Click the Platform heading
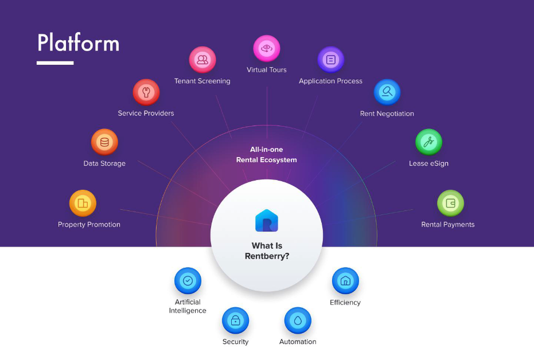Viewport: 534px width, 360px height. (78, 44)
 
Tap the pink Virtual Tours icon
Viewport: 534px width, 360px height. (267, 49)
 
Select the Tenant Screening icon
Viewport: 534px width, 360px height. (202, 59)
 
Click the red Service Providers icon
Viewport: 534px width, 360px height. (146, 92)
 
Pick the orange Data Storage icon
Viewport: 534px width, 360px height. (104, 142)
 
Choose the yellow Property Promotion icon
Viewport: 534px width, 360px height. (83, 203)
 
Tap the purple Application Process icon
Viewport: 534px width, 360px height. (331, 60)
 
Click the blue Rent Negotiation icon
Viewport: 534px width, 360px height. (387, 92)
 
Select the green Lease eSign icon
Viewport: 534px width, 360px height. (428, 142)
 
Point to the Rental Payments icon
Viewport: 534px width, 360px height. (450, 203)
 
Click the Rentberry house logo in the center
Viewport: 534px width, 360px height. (267, 221)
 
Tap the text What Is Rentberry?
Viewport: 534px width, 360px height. (267, 251)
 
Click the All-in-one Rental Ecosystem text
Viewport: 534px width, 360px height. (267, 155)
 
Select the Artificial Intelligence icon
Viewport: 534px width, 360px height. (188, 281)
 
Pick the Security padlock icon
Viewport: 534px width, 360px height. (235, 321)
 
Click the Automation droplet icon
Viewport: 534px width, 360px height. (298, 321)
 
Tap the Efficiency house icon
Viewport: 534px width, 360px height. (345, 281)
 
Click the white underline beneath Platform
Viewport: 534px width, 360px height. (55, 62)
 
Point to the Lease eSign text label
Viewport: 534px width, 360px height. (428, 163)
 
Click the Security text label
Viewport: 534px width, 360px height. (235, 342)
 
